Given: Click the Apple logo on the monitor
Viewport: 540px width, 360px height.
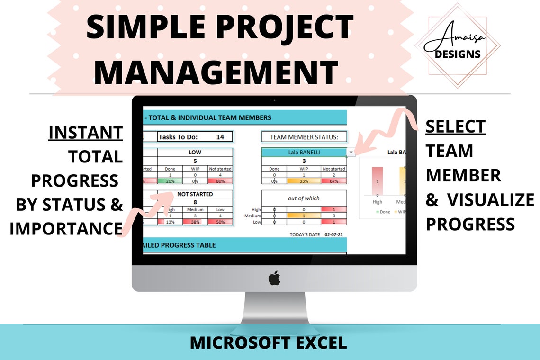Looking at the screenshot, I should point(274,279).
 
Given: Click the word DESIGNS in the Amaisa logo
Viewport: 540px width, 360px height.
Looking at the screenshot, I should point(458,54).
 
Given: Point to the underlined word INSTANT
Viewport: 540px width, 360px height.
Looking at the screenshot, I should point(86,133).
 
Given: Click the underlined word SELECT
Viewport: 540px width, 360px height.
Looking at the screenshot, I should point(455,127).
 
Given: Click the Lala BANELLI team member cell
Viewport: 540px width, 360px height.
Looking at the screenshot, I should point(304,153).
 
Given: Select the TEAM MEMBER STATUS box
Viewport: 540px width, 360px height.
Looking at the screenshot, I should point(304,137).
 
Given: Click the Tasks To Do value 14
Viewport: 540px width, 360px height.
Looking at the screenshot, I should point(220,137).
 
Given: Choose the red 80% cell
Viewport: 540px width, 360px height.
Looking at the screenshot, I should point(220,181).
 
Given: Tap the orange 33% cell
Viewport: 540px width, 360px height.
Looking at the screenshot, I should point(304,181).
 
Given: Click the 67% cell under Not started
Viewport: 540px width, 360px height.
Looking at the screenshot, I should point(333,181).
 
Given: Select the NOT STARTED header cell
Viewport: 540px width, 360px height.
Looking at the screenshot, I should point(195,194).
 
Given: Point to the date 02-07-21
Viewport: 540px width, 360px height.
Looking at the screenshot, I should point(334,234).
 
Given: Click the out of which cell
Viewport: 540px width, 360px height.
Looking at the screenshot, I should point(304,198).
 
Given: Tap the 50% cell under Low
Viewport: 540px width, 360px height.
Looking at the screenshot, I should point(220,222).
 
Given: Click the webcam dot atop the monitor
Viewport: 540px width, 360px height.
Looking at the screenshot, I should point(274,100).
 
